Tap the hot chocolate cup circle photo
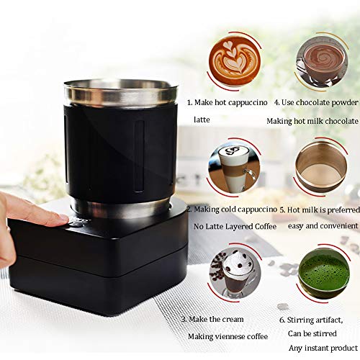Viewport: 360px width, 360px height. (323, 62)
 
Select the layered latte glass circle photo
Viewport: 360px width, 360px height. (235, 168)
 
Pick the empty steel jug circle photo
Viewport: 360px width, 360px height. (321, 167)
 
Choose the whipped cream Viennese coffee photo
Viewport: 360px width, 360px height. (235, 273)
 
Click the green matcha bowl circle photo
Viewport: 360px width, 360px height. (323, 273)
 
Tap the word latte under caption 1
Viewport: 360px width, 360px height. (202, 120)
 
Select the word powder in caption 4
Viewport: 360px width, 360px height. (345, 103)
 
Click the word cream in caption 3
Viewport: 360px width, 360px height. (232, 320)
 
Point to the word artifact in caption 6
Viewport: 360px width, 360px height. (329, 320)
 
